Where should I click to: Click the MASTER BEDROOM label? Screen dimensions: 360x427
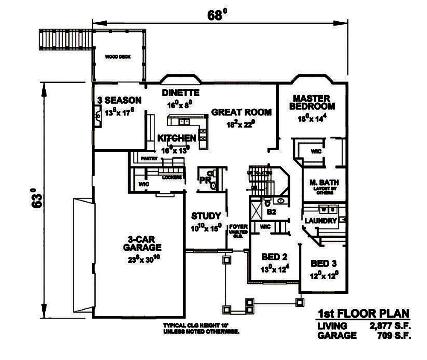(x=312, y=102)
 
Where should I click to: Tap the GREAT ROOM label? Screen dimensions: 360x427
(x=241, y=112)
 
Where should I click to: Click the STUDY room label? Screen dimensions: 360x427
(x=206, y=215)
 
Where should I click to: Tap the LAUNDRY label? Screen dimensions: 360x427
(x=321, y=221)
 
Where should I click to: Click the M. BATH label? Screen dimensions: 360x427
(x=322, y=183)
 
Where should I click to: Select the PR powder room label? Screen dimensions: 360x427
(x=205, y=180)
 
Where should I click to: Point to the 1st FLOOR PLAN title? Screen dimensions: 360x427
(x=363, y=315)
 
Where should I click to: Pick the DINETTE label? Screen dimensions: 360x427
(x=181, y=93)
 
